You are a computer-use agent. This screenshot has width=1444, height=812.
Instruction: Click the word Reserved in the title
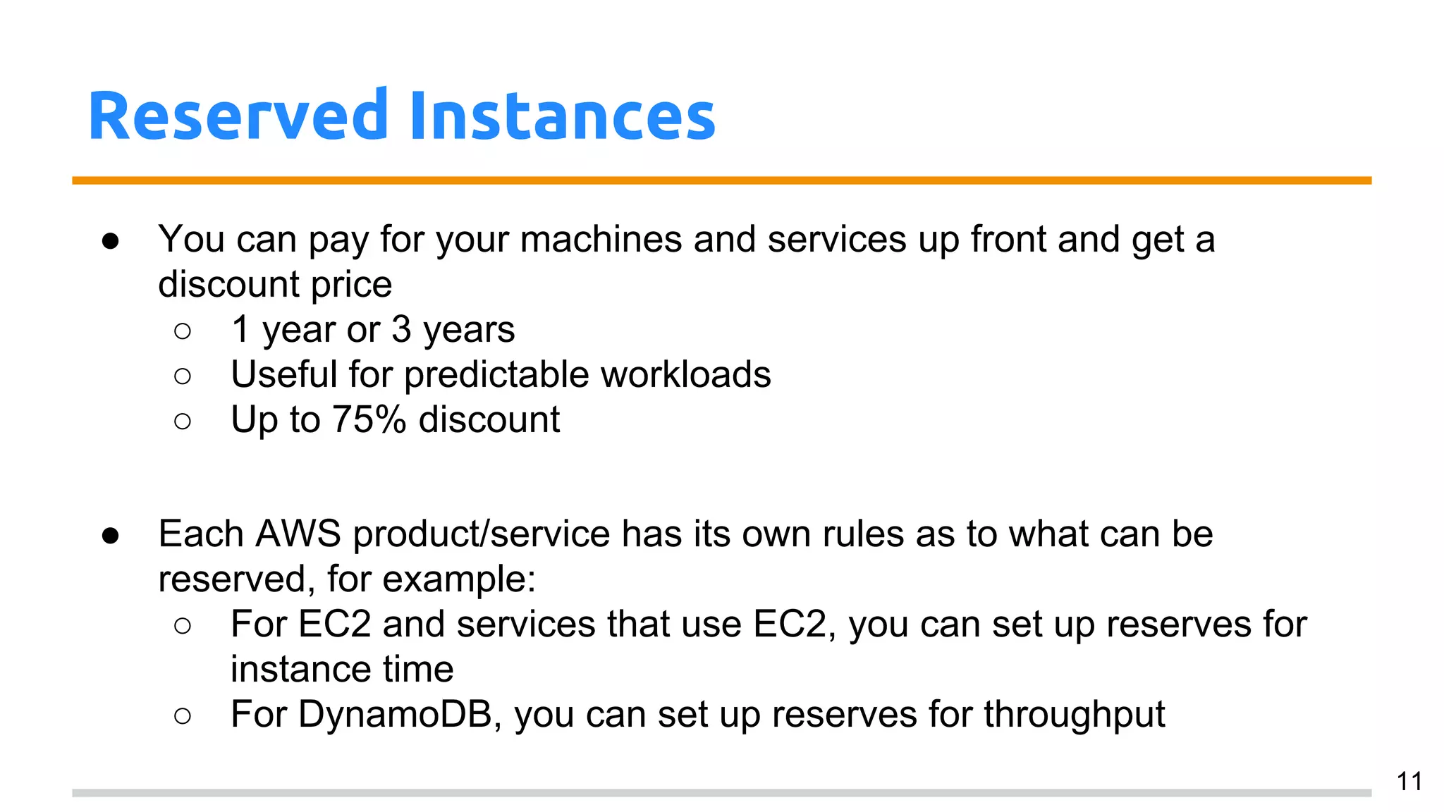[238, 116]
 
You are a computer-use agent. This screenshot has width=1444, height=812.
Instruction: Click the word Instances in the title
[562, 116]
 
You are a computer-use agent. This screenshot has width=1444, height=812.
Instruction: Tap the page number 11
[1409, 782]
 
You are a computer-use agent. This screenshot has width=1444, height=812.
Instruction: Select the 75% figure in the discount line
[369, 420]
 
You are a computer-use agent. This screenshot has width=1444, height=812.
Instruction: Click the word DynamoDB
[396, 715]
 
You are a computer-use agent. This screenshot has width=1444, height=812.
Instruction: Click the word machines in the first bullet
[601, 240]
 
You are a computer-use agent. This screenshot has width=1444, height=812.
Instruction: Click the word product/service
[481, 535]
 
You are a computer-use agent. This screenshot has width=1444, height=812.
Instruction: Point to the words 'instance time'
[342, 670]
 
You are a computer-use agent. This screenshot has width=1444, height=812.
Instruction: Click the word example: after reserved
[459, 580]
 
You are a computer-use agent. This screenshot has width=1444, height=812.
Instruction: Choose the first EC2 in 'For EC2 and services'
[334, 625]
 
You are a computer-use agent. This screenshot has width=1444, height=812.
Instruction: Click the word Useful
[284, 375]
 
